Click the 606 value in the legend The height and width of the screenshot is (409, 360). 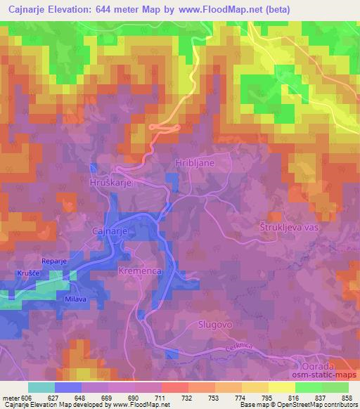tap(26, 398)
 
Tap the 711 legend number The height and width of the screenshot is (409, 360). tap(160, 398)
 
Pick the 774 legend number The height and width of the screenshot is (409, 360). tap(240, 398)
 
